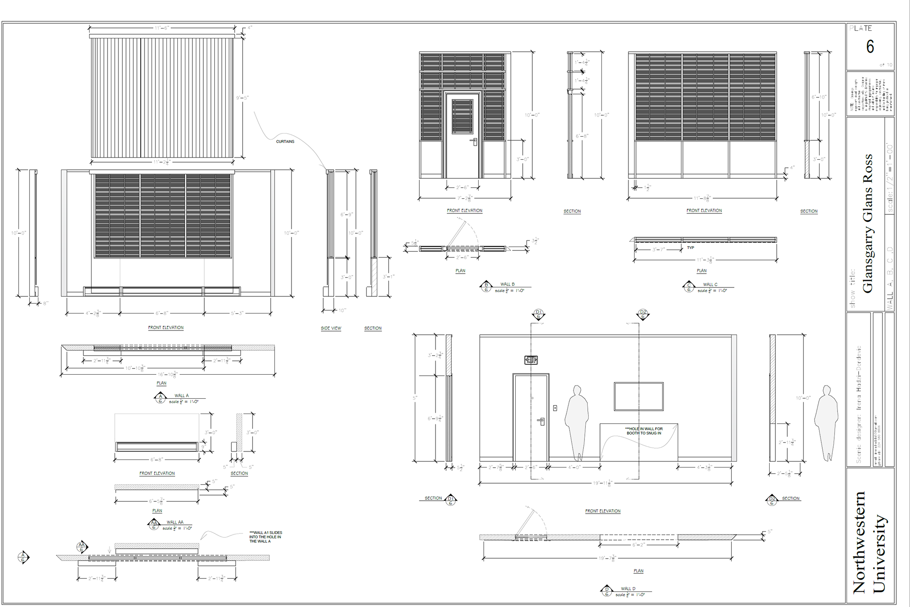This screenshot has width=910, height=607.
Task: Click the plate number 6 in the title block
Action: click(x=870, y=46)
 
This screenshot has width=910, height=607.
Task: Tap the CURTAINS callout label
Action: click(x=285, y=141)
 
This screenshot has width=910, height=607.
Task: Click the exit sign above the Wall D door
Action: click(x=531, y=360)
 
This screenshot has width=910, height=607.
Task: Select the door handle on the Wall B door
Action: click(x=473, y=141)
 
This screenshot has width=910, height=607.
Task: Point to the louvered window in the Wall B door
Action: click(x=462, y=116)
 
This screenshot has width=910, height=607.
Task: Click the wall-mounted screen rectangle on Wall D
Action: click(x=638, y=396)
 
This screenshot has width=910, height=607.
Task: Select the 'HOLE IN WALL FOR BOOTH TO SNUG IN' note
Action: click(x=644, y=431)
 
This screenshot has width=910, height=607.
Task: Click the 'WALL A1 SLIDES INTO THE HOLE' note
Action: click(x=265, y=537)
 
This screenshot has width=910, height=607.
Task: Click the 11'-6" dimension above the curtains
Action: click(x=162, y=28)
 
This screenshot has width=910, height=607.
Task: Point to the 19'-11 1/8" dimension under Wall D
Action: click(x=602, y=483)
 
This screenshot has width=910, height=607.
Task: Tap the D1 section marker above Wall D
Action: click(x=538, y=314)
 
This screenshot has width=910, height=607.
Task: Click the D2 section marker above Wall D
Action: click(x=643, y=314)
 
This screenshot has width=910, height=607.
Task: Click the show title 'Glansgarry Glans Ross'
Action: click(x=867, y=223)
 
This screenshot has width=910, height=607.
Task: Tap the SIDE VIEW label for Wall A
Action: click(x=331, y=328)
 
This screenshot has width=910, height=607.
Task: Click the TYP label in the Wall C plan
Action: click(x=691, y=248)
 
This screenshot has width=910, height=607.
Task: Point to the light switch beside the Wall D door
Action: click(x=555, y=408)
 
